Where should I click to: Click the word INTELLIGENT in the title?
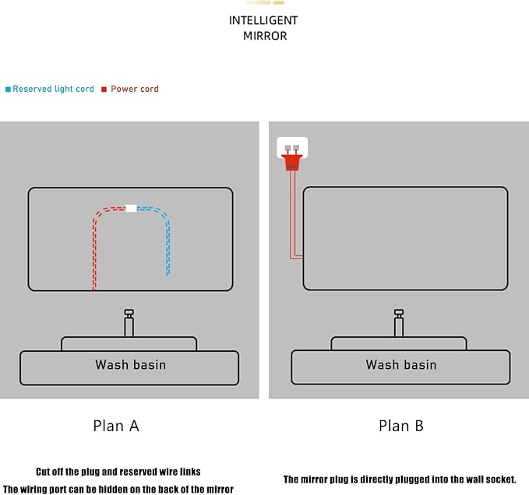[x=263, y=20]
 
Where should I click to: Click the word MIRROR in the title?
[x=265, y=36]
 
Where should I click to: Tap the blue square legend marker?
[x=8, y=90]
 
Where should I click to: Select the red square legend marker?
[x=104, y=90]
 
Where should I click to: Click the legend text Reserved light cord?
[x=53, y=89]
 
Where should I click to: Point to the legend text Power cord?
[x=135, y=89]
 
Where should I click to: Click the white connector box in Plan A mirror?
[x=131, y=209]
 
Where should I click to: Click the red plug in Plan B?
[x=292, y=160]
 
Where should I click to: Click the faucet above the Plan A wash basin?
[x=129, y=323]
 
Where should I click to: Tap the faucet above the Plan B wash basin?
[x=399, y=323]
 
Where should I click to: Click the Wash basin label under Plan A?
[x=131, y=364]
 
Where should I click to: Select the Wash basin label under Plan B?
[x=401, y=364]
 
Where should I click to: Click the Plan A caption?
[x=116, y=426]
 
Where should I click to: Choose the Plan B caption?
[x=401, y=426]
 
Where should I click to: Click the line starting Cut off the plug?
[x=118, y=472]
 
